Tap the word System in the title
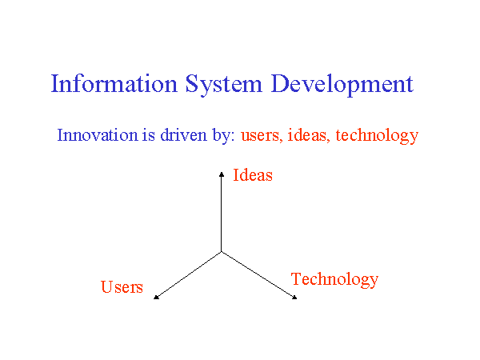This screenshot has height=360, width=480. (x=223, y=85)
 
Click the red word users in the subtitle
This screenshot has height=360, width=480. (x=261, y=135)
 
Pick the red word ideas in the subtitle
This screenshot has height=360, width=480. (x=308, y=135)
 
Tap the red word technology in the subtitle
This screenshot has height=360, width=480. (x=377, y=135)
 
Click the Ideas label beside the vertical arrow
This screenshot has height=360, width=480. (x=253, y=175)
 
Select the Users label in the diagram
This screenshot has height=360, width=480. (x=122, y=287)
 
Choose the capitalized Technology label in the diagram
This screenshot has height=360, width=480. (x=334, y=279)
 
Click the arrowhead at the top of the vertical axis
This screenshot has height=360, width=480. (x=222, y=172)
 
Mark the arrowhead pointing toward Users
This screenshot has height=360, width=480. (x=156, y=297)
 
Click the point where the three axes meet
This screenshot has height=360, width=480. (x=222, y=251)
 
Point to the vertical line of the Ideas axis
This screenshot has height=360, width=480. (x=222, y=212)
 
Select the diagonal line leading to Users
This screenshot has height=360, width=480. (x=189, y=274)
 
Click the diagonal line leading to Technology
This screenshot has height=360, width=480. (x=258, y=274)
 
